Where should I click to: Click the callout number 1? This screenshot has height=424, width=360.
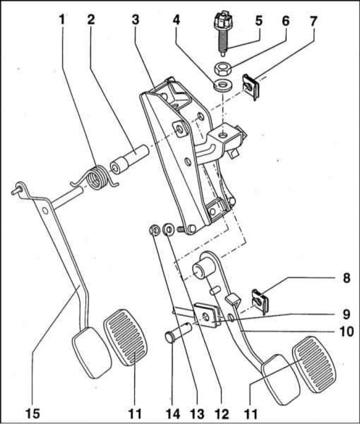(62, 21)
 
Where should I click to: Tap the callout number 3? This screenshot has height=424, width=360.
(135, 21)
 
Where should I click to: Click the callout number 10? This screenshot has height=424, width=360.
(346, 332)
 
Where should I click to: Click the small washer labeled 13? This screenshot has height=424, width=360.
(154, 230)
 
